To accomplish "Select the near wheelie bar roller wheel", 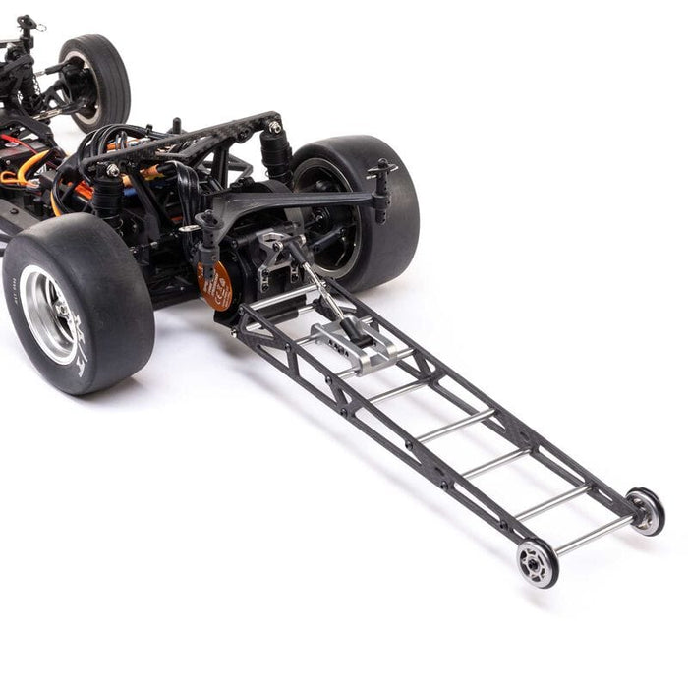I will click(538, 561).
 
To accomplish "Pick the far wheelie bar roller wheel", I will click(646, 510).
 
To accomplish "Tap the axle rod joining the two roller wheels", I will click(592, 536).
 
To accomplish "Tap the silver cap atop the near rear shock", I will click(112, 171).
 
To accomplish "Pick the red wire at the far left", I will click(12, 142).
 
